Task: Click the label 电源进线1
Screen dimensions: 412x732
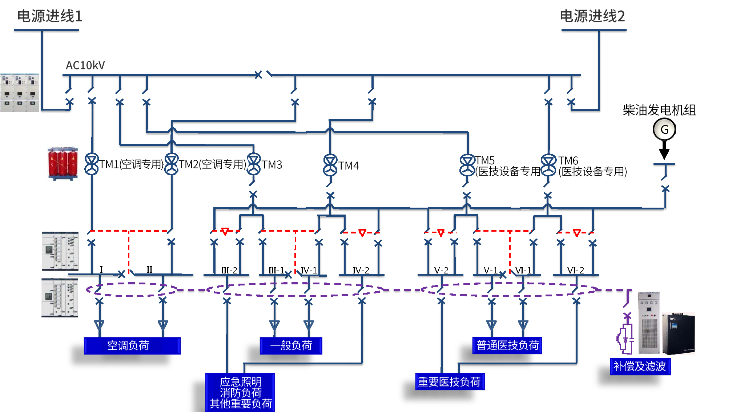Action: (x=50, y=16)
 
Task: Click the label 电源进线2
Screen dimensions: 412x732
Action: (x=592, y=16)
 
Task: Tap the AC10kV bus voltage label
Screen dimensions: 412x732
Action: (x=85, y=65)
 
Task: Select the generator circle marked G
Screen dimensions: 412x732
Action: (x=664, y=129)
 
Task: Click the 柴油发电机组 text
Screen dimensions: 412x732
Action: (x=659, y=110)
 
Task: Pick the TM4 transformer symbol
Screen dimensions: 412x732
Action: (x=330, y=165)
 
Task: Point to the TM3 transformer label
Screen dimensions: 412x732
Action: (x=272, y=165)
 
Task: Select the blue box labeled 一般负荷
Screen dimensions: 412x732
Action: (x=291, y=345)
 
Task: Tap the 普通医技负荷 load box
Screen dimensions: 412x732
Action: (x=507, y=345)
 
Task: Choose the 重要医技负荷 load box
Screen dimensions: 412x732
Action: (x=450, y=382)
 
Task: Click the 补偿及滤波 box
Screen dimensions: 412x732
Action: (x=640, y=366)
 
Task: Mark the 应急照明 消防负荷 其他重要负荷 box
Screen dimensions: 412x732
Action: (x=240, y=393)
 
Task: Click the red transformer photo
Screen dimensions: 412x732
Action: (x=63, y=164)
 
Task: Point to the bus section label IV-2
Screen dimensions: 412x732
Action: (x=361, y=270)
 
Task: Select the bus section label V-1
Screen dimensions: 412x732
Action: (x=491, y=270)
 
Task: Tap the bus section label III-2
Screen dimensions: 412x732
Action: (x=229, y=270)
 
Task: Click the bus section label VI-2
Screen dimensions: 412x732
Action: (x=576, y=270)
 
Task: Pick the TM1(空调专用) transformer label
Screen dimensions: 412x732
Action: (x=132, y=164)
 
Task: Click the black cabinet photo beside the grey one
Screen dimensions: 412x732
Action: (x=678, y=333)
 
